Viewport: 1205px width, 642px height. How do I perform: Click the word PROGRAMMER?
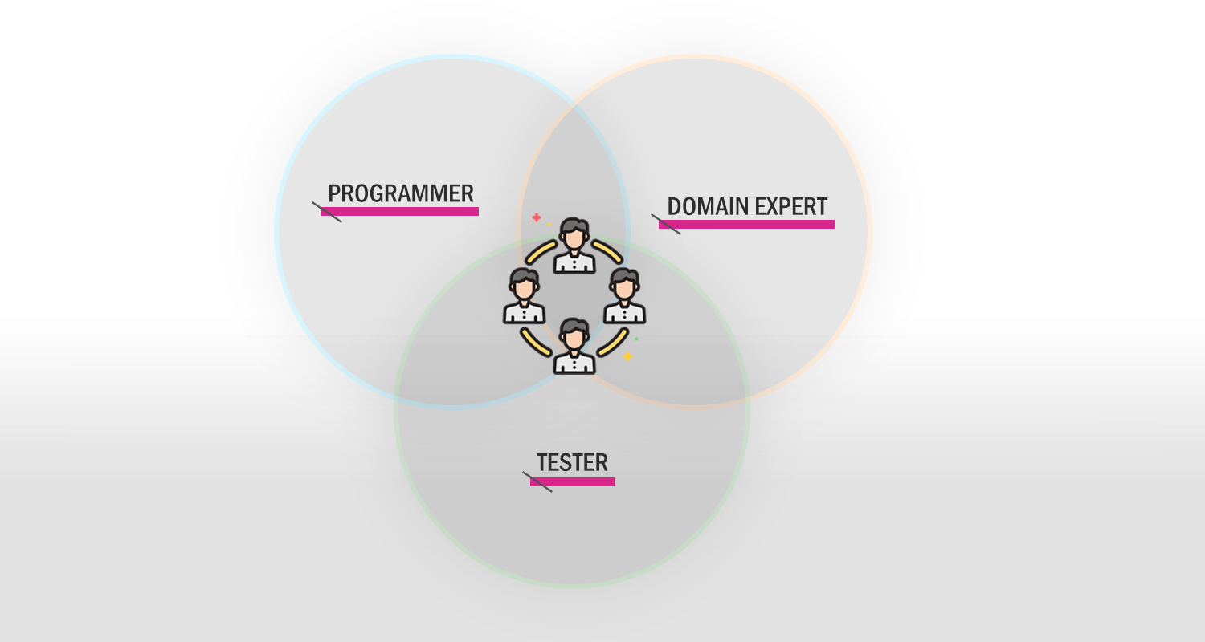tap(401, 193)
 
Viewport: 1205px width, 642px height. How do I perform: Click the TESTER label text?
tap(572, 462)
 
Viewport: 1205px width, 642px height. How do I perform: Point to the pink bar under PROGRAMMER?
tap(400, 212)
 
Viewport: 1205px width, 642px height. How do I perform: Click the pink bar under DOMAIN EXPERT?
tap(746, 225)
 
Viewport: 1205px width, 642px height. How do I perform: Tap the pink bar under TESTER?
tap(572, 482)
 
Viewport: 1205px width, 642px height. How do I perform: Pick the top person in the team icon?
tap(574, 246)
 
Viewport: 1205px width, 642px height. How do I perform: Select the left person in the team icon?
tap(525, 295)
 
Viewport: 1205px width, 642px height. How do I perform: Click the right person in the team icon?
tap(624, 295)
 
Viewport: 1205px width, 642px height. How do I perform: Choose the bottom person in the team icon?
tap(574, 345)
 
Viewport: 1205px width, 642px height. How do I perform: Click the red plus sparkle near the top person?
tap(537, 217)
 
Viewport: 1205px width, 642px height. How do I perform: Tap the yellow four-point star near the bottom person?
tap(627, 356)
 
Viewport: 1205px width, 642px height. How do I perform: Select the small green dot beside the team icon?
tap(636, 339)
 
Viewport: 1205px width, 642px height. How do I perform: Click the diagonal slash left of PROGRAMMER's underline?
tap(327, 212)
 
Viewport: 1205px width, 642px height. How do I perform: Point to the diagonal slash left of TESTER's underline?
tap(537, 482)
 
